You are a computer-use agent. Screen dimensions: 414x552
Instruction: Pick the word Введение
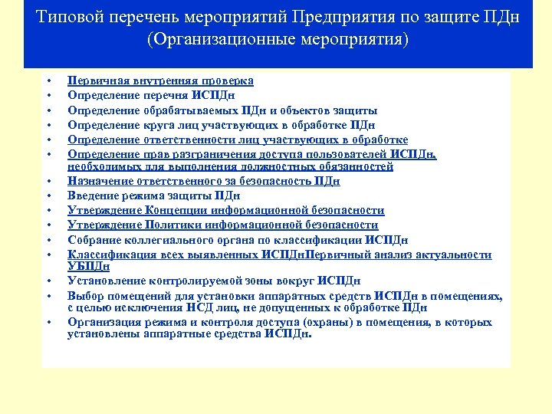[94, 196]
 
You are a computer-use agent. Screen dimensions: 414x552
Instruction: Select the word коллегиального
[166, 240]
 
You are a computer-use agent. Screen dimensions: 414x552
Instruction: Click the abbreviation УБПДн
[88, 267]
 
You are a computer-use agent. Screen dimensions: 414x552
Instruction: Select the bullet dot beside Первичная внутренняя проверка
[48, 80]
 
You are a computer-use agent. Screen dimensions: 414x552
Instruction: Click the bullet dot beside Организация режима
[48, 323]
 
